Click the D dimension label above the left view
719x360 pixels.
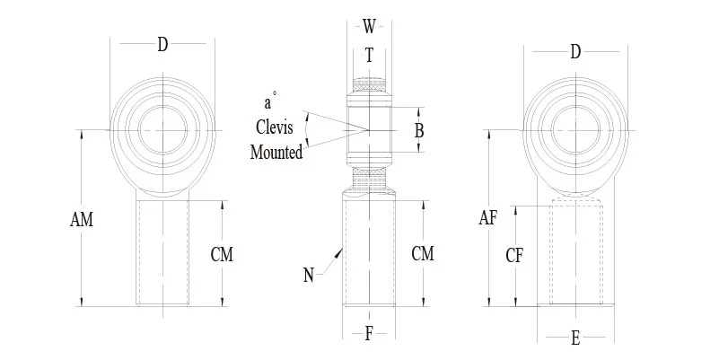tap(162, 46)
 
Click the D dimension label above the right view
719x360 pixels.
tap(575, 52)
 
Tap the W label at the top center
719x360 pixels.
tap(369, 25)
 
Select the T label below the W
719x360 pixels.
tap(369, 55)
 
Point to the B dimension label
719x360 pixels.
tap(418, 131)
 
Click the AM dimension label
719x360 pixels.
tap(82, 219)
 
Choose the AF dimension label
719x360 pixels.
tap(488, 217)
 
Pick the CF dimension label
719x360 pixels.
tap(514, 256)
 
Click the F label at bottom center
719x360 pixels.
tap(369, 335)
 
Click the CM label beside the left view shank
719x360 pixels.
tap(222, 255)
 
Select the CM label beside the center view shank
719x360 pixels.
tap(422, 254)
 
